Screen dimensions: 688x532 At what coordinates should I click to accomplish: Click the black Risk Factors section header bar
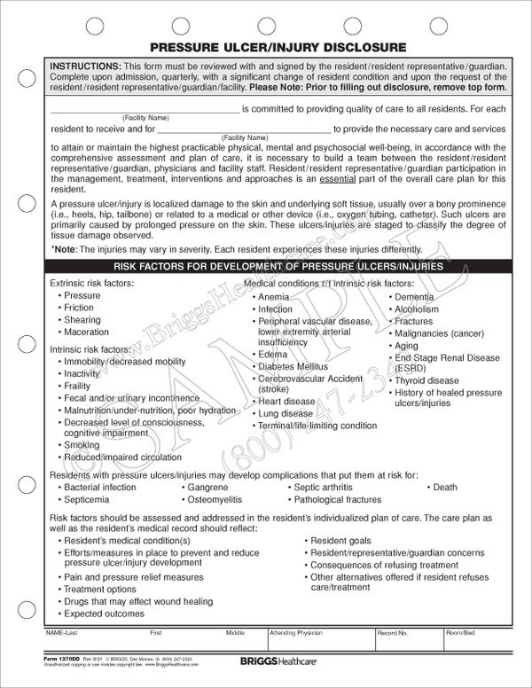point(265,266)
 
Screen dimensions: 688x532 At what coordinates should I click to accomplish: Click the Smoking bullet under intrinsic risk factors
point(82,445)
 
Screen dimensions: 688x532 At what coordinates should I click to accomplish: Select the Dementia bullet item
point(414,297)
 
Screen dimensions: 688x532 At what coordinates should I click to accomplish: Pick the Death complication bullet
point(444,488)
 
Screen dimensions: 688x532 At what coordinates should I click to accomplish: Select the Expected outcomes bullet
point(100,613)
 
